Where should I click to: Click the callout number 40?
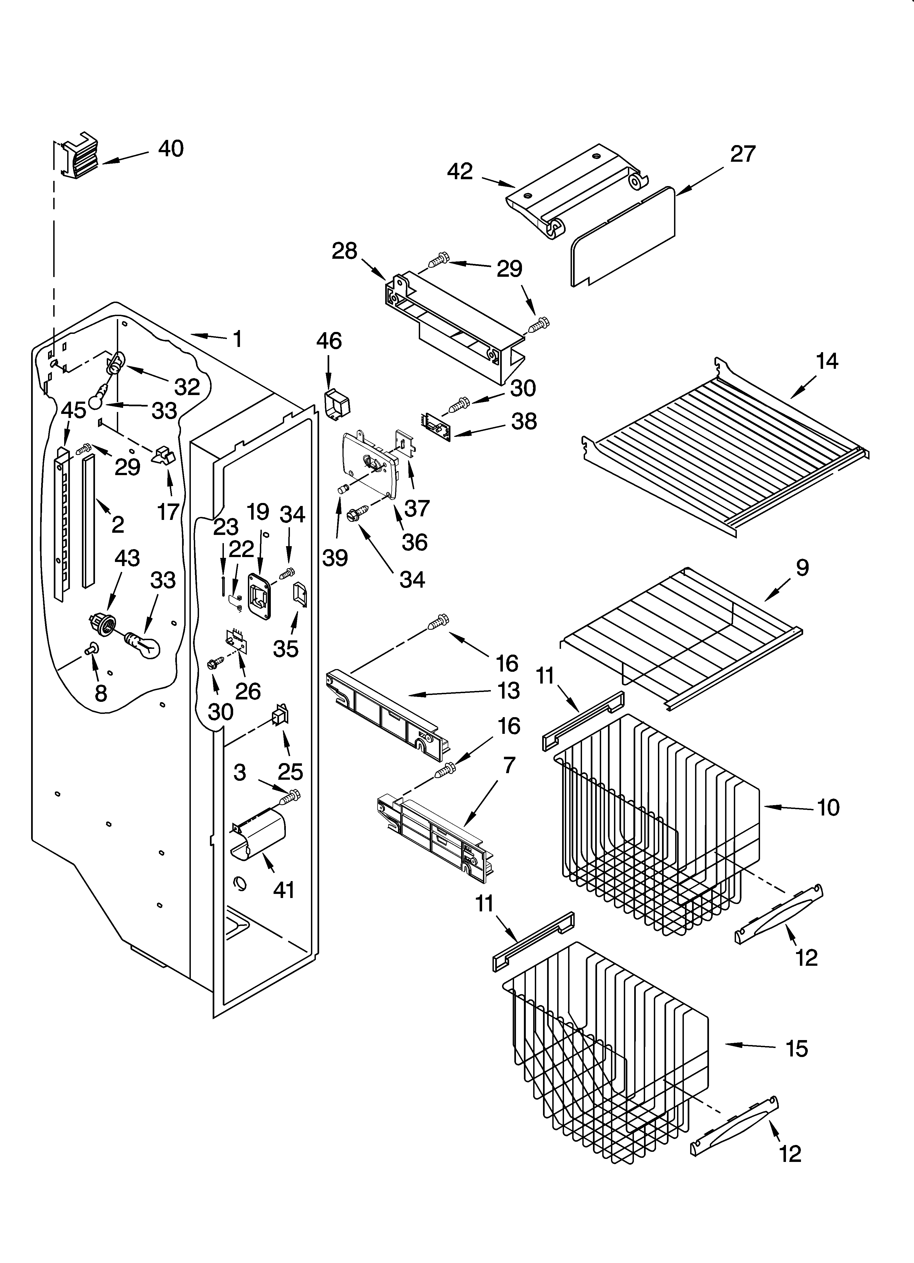pos(171,149)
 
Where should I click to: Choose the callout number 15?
pos(797,1049)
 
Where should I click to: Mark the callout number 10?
pos(828,807)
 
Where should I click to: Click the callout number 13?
pos(508,691)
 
